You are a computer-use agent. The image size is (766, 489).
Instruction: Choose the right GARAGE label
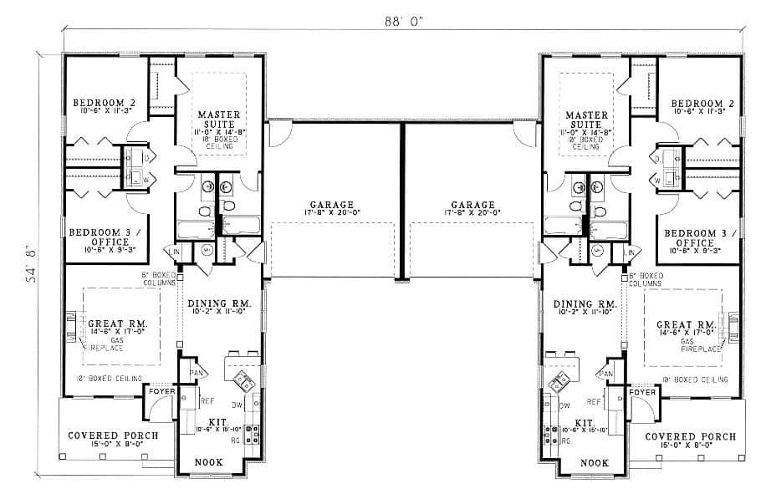472,205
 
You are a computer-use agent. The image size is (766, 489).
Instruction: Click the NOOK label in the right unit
594,462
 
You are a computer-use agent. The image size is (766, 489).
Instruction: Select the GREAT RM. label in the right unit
683,324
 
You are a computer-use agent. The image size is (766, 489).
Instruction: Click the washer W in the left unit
146,179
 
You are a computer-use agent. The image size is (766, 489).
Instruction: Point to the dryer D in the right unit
656,157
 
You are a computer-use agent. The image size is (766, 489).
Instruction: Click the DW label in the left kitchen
212,405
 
